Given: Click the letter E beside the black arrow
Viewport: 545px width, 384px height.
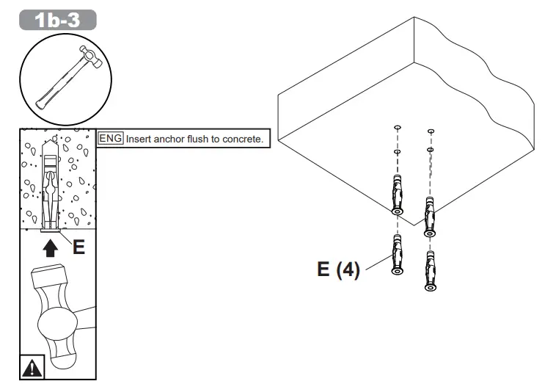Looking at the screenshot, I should click(x=78, y=247).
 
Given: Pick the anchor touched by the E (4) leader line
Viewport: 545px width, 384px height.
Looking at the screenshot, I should click(x=397, y=257).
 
